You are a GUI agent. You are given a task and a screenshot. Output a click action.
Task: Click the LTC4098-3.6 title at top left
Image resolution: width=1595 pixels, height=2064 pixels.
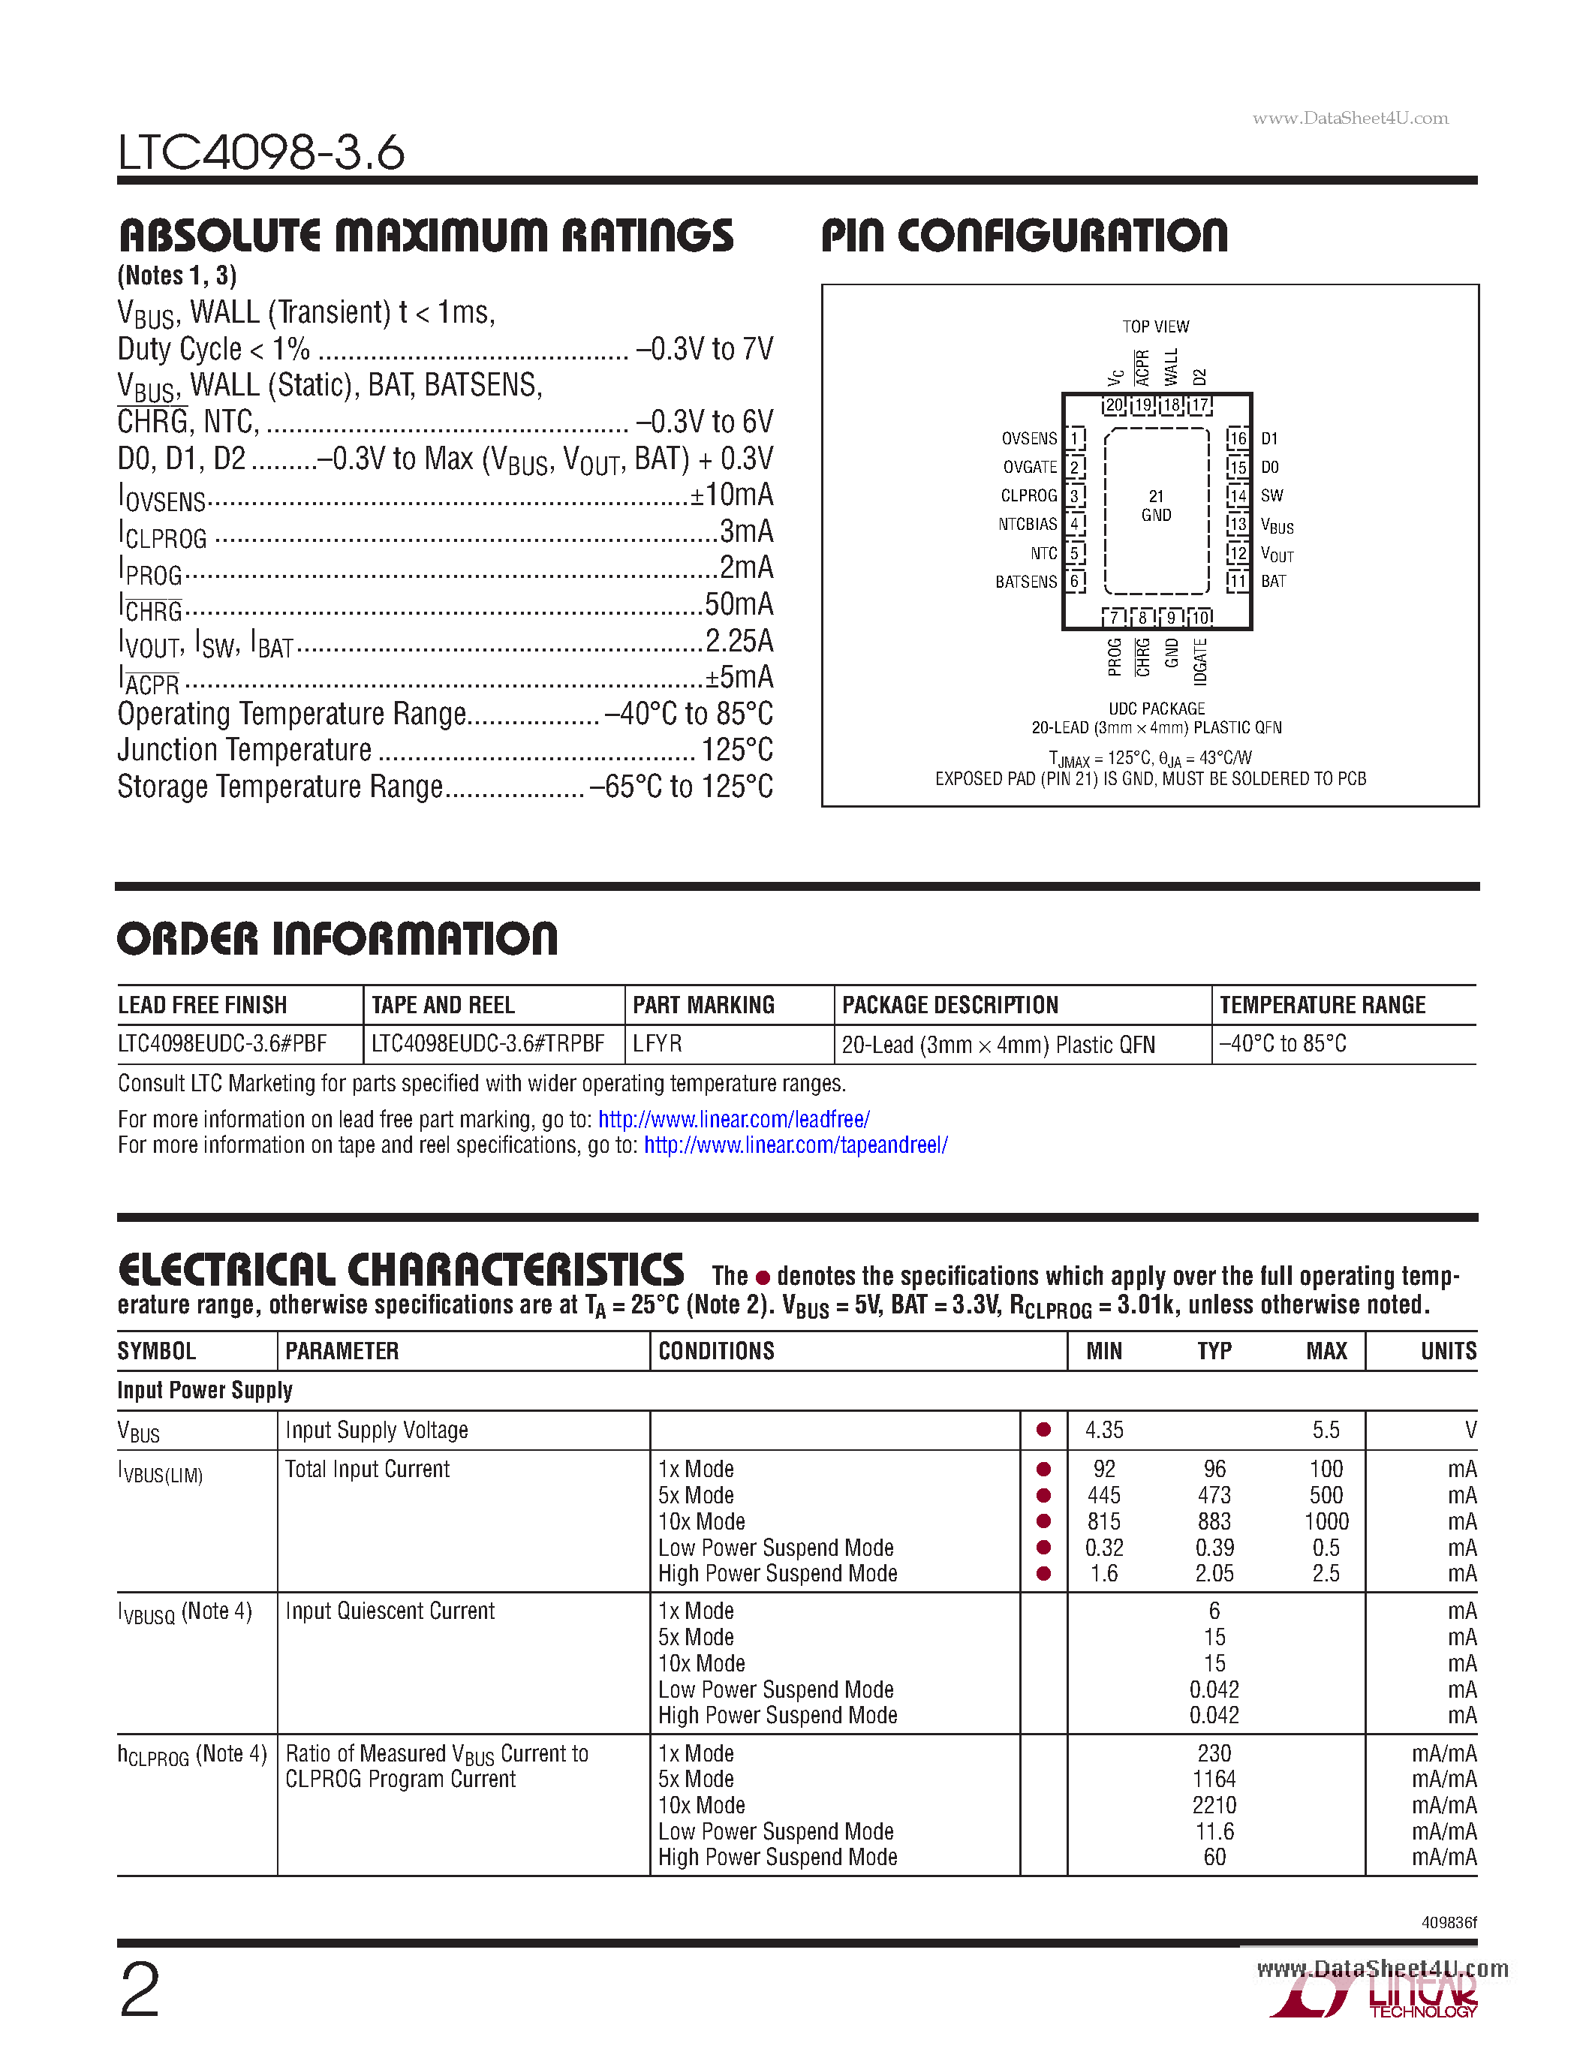pos(260,152)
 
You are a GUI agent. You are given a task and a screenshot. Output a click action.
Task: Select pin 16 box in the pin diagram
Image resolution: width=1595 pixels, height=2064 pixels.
pos(1237,438)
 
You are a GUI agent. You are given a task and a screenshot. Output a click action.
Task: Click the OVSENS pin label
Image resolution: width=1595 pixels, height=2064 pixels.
pos(1029,438)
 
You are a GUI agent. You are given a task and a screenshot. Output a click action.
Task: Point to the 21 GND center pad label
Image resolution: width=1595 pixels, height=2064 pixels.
pos(1156,506)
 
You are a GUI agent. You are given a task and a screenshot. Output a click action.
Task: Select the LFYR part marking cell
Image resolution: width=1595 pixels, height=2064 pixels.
pos(657,1043)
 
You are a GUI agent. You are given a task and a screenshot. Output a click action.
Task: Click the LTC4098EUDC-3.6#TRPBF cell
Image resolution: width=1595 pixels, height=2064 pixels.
pos(488,1043)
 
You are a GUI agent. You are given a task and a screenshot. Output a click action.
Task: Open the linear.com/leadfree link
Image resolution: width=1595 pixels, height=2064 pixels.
pos(733,1119)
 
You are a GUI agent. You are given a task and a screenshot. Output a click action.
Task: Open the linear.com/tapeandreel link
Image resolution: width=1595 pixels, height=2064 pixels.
pos(796,1145)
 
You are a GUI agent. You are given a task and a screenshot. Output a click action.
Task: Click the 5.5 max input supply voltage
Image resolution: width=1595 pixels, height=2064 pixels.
pos(1325,1430)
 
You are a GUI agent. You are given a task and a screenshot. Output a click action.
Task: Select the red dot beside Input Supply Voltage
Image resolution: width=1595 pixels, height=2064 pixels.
pos(1043,1430)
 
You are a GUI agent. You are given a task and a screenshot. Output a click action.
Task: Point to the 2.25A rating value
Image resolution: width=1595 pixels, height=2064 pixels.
pos(739,641)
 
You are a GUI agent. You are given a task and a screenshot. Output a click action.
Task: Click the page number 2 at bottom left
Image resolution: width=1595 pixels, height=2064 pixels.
pos(140,1990)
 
